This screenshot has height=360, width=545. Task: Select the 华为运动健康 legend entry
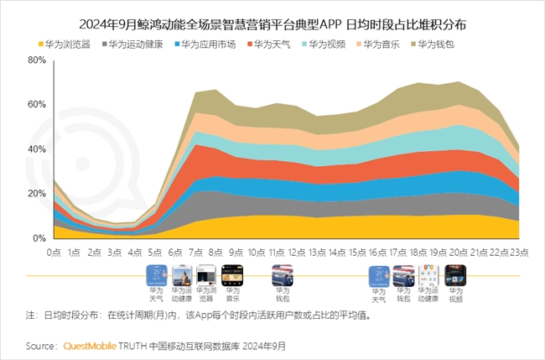135,42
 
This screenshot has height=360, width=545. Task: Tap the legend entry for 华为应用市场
207,42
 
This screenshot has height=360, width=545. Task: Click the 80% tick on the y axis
36,60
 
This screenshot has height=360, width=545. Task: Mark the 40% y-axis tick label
36,149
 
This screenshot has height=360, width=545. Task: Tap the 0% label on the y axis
39,238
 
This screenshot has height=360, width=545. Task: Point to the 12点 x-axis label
297,252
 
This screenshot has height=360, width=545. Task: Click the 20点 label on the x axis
458,252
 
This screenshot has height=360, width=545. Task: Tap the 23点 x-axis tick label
518,252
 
